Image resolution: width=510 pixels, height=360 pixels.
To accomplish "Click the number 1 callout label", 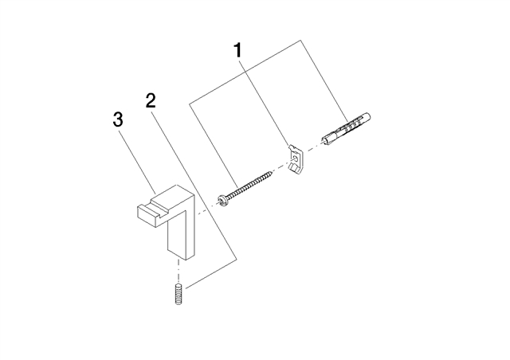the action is point(238,51).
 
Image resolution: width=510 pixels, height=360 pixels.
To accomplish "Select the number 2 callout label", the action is point(151,101).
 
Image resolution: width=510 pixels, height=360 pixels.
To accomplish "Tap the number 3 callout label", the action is point(118,119).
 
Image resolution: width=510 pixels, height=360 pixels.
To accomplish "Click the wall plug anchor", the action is point(346,129).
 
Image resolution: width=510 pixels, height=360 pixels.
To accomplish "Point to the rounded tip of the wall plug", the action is point(369,115).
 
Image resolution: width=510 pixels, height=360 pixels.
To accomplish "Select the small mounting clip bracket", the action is point(295,159).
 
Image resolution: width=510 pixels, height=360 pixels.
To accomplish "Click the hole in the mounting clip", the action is point(295,158).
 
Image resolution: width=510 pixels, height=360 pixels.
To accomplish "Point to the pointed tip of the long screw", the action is point(272,172).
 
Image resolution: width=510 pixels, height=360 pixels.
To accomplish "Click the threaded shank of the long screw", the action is point(249,186).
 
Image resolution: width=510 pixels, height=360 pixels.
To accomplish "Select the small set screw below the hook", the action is point(178,295).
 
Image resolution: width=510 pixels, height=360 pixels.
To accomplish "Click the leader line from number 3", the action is point(137,162).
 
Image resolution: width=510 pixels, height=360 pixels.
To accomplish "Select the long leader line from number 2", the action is point(194,183).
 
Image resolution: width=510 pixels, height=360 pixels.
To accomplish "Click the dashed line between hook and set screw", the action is point(178,272).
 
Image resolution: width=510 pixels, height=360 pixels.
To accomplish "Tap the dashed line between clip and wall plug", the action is point(312,148).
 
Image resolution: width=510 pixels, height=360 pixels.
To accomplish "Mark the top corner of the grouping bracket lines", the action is point(300,41).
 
